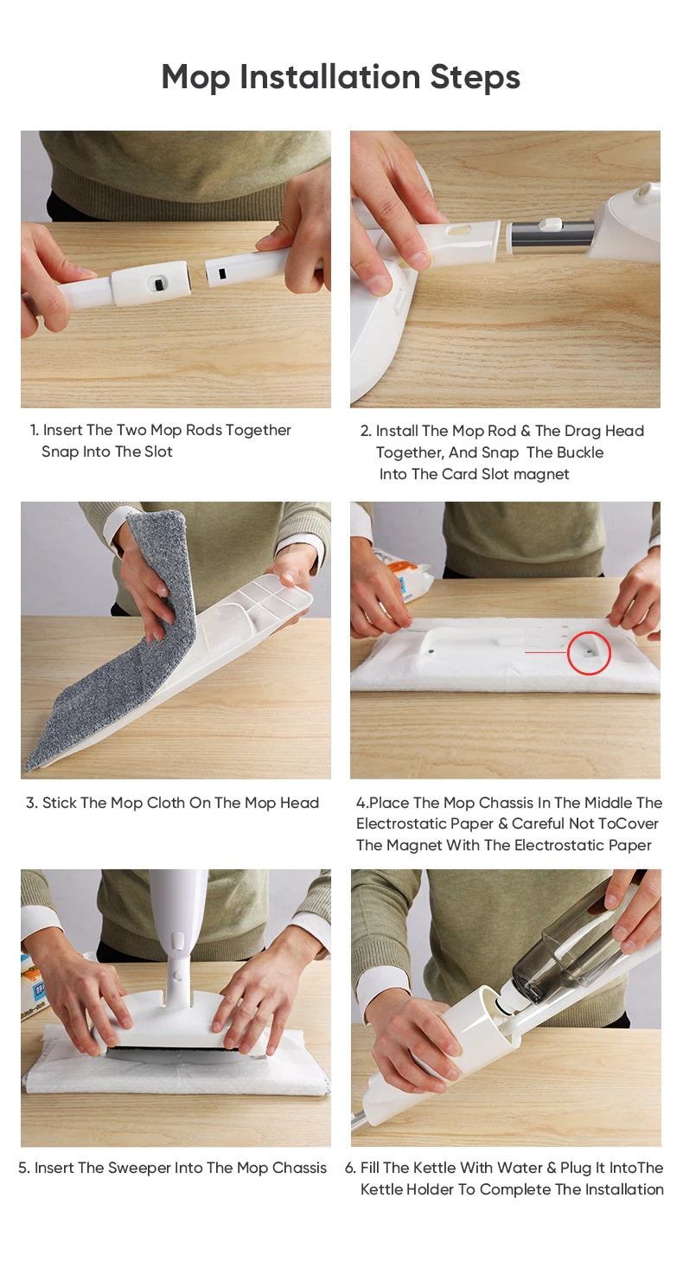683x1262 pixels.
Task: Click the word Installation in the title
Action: pos(330,77)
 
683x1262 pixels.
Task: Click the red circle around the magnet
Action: pos(589,653)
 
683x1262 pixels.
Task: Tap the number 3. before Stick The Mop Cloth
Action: pos(32,803)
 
